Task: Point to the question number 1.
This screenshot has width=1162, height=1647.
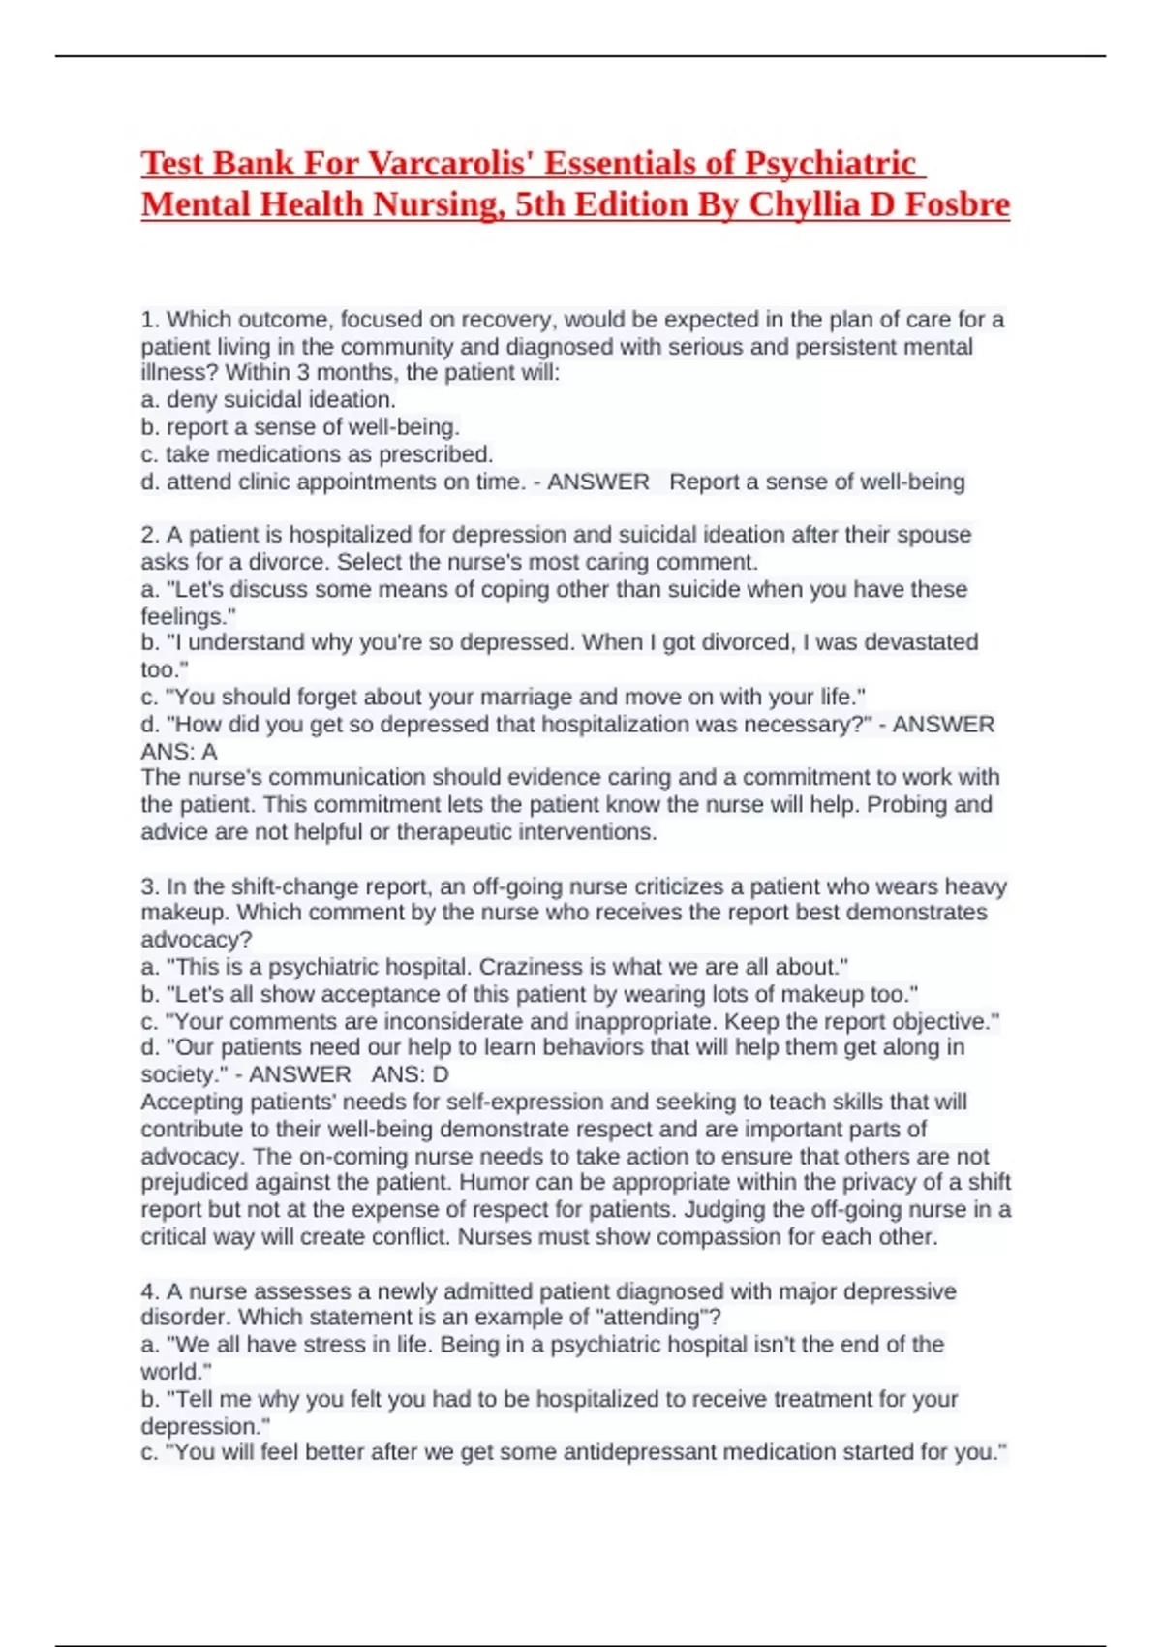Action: [149, 320]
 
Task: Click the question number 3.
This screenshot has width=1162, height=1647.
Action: [149, 886]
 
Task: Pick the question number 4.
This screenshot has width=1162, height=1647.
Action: [149, 1291]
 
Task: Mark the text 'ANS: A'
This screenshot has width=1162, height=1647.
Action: [179, 752]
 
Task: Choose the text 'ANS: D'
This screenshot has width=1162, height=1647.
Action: [410, 1074]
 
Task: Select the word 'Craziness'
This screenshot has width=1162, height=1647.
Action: [529, 967]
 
